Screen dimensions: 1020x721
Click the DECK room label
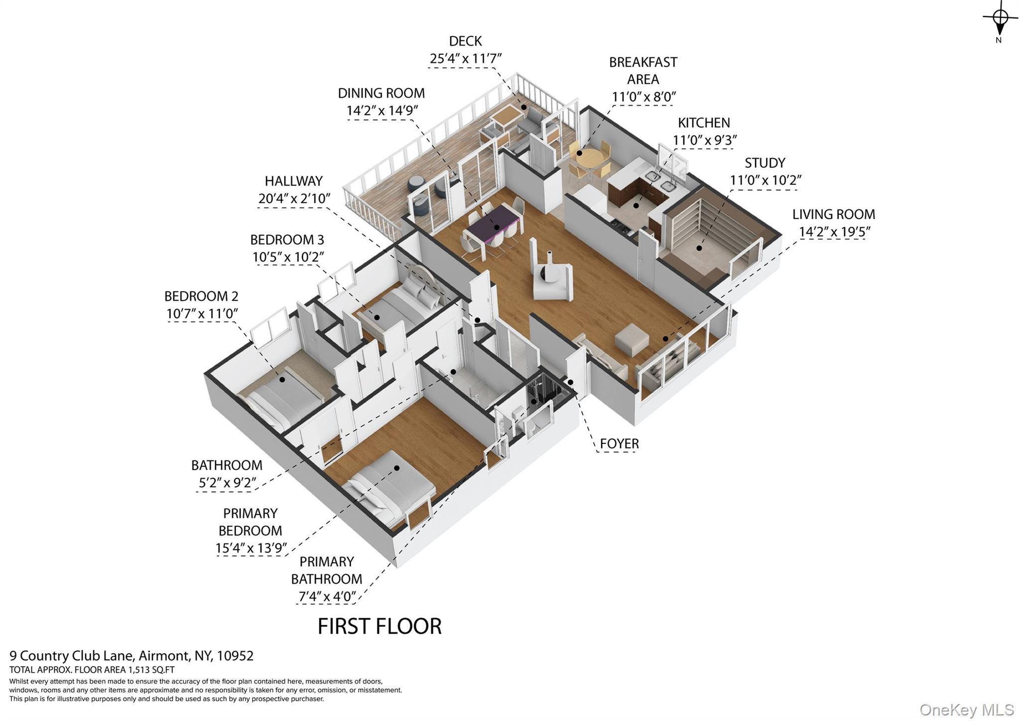pyautogui.click(x=465, y=41)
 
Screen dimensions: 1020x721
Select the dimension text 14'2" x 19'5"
pyautogui.click(x=834, y=232)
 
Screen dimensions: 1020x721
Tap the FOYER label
pyautogui.click(x=619, y=443)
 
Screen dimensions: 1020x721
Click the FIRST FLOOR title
pyautogui.click(x=380, y=626)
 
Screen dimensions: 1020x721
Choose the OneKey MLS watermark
pyautogui.click(x=967, y=710)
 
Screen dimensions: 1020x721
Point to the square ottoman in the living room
pyautogui.click(x=632, y=340)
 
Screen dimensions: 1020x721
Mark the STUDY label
pyautogui.click(x=765, y=163)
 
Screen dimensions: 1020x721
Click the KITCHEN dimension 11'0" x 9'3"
pyautogui.click(x=704, y=141)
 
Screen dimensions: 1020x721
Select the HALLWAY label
pyautogui.click(x=293, y=181)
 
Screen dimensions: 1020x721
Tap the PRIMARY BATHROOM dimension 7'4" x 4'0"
pyautogui.click(x=327, y=596)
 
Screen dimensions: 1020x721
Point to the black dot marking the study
pyautogui.click(x=699, y=248)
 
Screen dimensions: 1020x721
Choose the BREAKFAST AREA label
pyautogui.click(x=643, y=71)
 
